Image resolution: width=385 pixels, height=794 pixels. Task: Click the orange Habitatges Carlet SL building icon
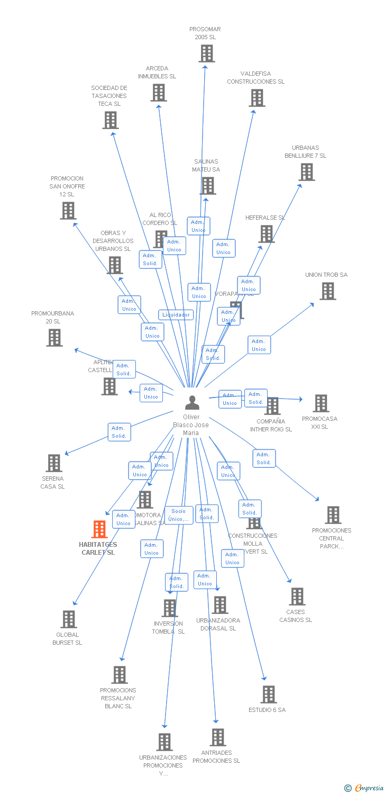99,529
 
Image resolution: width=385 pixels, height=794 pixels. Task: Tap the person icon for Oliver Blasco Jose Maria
192,403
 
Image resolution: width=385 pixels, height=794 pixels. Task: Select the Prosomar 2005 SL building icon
207,53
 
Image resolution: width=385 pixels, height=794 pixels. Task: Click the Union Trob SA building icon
328,291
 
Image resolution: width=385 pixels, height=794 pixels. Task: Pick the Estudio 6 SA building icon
269,694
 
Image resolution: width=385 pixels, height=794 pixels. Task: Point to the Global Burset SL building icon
69,619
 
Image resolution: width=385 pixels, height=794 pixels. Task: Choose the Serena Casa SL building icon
53,463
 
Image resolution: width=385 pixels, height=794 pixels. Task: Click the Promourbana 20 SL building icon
54,338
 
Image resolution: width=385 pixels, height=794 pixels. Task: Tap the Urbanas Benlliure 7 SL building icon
307,172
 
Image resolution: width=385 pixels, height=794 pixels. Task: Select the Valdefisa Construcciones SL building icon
257,98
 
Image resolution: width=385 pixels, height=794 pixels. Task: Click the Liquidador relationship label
176,315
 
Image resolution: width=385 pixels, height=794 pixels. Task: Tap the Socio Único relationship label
179,515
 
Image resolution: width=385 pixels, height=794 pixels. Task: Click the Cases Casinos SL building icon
297,597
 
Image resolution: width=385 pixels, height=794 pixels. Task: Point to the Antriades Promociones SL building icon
217,737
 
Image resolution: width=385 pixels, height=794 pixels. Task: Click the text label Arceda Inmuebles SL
157,73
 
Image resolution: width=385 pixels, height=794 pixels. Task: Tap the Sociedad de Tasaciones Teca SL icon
110,120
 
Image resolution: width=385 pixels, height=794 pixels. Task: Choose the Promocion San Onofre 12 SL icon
68,211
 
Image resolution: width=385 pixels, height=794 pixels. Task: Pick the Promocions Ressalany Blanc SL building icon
120,674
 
